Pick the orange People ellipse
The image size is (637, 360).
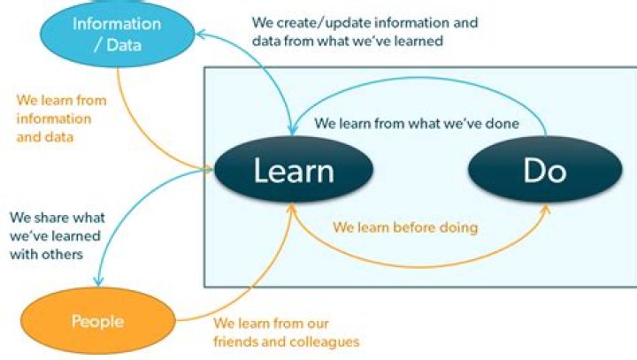pyautogui.click(x=97, y=321)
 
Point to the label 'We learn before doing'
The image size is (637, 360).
pyautogui.click(x=405, y=227)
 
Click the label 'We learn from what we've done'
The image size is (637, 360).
pyautogui.click(x=417, y=123)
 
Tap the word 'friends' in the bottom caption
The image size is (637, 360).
pyautogui.click(x=234, y=341)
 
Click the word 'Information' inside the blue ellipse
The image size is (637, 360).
pyautogui.click(x=117, y=23)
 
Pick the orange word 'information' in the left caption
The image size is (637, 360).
pyautogui.click(x=52, y=119)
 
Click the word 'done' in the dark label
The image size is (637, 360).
pyautogui.click(x=502, y=123)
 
